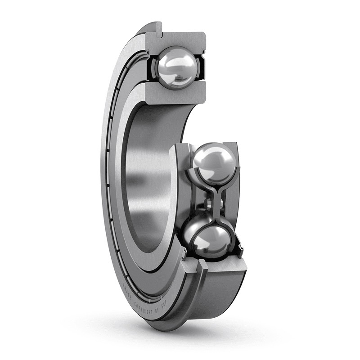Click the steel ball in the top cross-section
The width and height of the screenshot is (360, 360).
[x=176, y=68]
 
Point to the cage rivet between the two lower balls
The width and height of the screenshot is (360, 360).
[x=208, y=204]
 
